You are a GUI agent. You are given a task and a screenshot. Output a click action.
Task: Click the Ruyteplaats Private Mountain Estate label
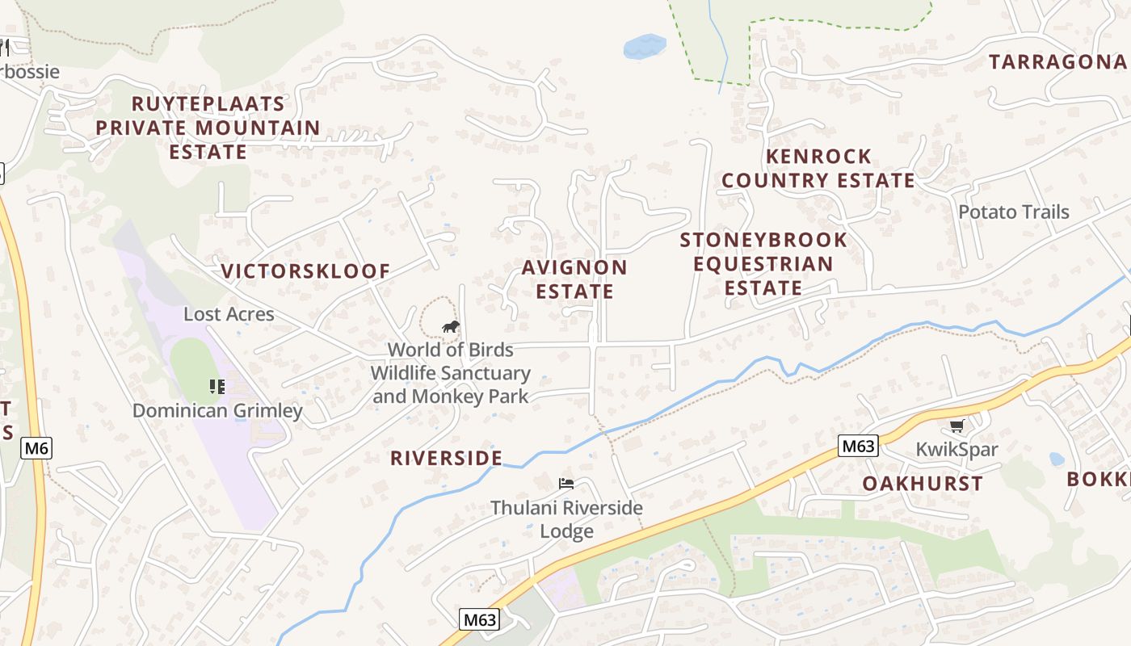[x=208, y=128]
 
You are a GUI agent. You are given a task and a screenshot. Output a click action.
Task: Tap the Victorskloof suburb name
[x=305, y=271]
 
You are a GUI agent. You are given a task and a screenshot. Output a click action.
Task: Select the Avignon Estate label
[x=574, y=279]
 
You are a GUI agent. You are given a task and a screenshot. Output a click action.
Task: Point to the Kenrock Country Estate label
[x=818, y=168]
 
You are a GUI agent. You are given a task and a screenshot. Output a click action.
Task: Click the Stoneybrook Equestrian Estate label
[x=763, y=263]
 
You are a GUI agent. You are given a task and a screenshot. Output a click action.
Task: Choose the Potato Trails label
[x=1013, y=212]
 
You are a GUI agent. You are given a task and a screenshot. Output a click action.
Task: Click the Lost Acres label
[x=229, y=314]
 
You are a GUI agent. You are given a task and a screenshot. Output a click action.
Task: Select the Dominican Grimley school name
[x=217, y=410]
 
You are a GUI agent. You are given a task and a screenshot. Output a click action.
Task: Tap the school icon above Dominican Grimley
[x=216, y=387]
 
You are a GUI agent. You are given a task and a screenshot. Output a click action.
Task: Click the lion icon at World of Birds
[x=450, y=326]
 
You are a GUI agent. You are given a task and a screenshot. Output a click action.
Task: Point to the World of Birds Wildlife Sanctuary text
[x=450, y=373]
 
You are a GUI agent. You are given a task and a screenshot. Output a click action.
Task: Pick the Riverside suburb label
[x=446, y=458]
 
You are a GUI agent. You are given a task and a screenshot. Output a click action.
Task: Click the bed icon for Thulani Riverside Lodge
[x=566, y=484]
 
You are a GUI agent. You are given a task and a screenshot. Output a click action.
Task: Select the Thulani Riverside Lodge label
[x=566, y=519]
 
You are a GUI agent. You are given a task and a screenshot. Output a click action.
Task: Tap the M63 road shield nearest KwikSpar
[x=857, y=446]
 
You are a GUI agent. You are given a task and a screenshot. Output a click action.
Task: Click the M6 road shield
[x=36, y=448]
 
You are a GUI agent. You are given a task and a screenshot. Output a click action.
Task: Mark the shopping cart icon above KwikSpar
[x=957, y=426]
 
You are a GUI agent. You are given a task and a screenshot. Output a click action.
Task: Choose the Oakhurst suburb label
[x=922, y=484]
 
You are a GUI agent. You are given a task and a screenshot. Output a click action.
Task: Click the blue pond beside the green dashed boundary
[x=644, y=46]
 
